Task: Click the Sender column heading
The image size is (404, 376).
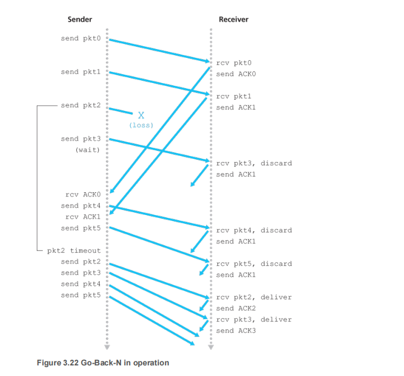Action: [x=80, y=19]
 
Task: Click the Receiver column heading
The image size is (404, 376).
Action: [x=233, y=19]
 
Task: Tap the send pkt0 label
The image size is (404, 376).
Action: [x=81, y=38]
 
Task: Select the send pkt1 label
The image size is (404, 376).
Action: [x=81, y=72]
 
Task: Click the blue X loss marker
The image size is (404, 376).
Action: [x=141, y=115]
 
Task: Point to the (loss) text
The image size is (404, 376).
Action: [x=141, y=125]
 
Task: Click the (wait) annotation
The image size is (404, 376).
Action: [x=88, y=150]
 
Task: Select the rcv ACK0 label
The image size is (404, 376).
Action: [x=83, y=194]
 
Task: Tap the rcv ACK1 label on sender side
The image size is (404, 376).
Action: [x=83, y=217]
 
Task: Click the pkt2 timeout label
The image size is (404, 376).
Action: [x=74, y=251]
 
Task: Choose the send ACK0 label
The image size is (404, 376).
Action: [x=236, y=74]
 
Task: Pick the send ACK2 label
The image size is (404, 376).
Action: [x=236, y=308]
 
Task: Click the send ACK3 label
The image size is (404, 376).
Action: [x=236, y=330]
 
